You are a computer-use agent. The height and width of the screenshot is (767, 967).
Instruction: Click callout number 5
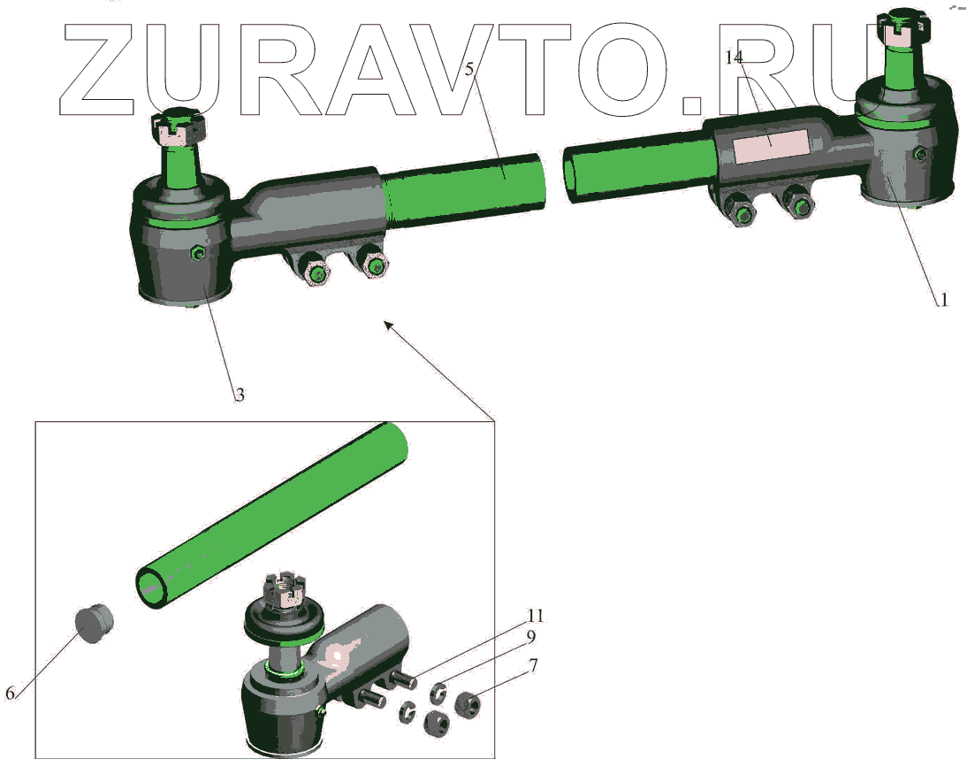469,68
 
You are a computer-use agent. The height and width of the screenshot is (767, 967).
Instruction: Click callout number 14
734,58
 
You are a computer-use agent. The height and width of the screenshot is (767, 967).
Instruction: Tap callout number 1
943,300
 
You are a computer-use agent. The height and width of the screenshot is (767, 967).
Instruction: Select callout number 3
240,395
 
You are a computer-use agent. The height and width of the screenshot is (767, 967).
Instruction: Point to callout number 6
10,693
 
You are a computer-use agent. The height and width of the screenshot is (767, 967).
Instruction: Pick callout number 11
536,615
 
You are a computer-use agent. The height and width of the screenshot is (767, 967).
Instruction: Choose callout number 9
530,636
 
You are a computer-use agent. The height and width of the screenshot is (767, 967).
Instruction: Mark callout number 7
534,666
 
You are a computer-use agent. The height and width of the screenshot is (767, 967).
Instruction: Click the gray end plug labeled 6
95,624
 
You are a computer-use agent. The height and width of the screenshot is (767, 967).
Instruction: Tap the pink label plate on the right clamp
770,146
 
